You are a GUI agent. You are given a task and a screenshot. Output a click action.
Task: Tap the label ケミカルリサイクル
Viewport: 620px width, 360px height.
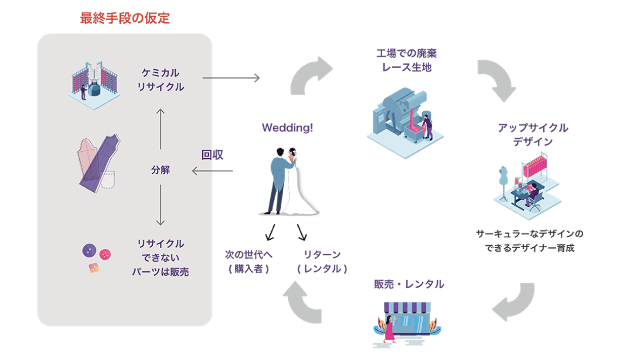coord(160,80)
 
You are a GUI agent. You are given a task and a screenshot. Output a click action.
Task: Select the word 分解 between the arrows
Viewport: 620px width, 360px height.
coord(160,170)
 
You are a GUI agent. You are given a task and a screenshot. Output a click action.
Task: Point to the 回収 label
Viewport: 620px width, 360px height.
coord(212,155)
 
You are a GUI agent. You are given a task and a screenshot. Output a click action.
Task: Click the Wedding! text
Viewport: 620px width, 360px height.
coord(287,128)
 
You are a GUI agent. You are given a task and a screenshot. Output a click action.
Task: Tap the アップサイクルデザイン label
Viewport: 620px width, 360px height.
coord(533,134)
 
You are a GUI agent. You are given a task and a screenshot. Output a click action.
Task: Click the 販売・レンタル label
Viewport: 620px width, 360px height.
coord(409,284)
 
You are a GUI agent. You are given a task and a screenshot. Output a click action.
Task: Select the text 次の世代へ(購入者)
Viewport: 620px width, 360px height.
coord(248,261)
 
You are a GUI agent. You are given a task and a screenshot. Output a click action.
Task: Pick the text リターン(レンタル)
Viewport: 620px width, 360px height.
coord(322,261)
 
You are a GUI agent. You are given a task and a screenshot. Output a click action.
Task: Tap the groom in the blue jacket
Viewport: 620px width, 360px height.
coord(277,179)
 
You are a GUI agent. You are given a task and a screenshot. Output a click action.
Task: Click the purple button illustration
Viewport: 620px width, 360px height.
coord(89,250)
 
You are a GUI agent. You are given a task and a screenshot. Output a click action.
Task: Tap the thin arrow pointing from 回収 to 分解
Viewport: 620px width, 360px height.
coord(212,171)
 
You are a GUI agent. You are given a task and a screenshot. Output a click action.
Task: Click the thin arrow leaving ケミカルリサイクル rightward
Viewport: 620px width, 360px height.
coord(231,78)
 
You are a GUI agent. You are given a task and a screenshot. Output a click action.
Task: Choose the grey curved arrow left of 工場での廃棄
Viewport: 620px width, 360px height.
coord(310,76)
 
